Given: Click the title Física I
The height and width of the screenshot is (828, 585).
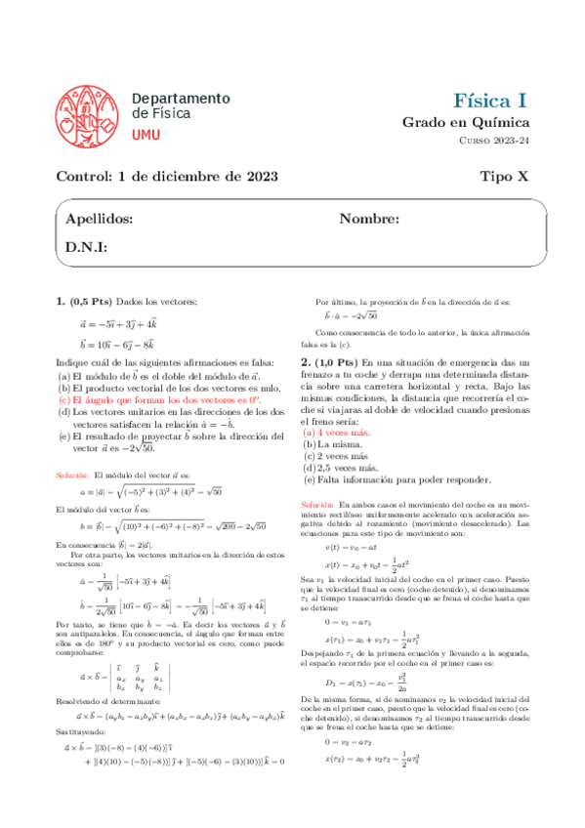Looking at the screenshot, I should pyautogui.click(x=491, y=101).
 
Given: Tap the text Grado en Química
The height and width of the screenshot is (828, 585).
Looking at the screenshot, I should pyautogui.click(x=480, y=123).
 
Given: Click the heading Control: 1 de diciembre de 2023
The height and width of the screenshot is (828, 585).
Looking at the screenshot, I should pyautogui.click(x=166, y=177).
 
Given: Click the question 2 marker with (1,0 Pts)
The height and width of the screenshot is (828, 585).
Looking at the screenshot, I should pyautogui.click(x=347, y=363).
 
